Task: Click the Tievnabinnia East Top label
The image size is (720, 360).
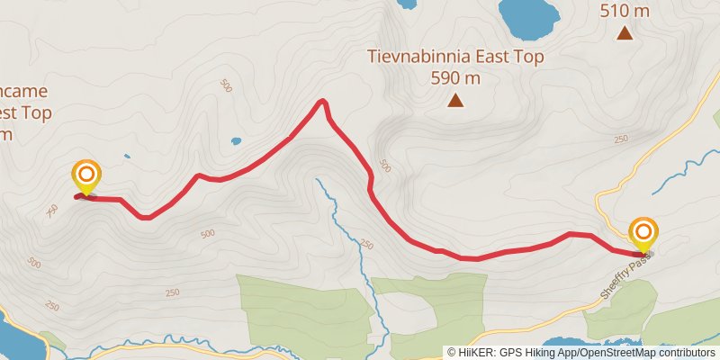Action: click(455, 57)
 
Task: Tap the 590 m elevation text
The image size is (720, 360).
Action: click(455, 78)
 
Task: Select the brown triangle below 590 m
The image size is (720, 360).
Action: click(456, 100)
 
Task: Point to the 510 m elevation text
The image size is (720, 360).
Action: click(624, 12)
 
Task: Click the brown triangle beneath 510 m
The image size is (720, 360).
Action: click(624, 34)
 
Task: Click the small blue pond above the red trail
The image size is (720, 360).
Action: click(236, 140)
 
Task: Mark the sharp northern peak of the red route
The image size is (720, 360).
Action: click(322, 102)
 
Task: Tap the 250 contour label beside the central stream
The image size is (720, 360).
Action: click(366, 245)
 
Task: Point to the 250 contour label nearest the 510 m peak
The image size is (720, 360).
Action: click(621, 139)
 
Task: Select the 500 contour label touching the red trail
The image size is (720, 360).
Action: click(384, 166)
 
